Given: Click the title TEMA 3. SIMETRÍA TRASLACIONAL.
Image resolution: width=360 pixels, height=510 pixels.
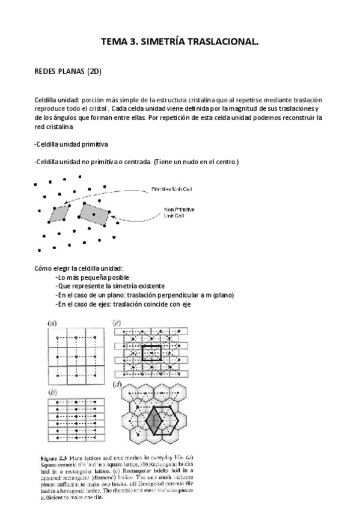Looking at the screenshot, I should (180, 41).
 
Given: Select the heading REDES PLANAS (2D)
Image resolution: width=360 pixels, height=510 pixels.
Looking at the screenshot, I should (68, 72).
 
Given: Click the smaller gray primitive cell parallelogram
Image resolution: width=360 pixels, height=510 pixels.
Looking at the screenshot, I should (60, 212).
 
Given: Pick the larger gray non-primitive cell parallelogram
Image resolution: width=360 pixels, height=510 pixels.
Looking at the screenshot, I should (96, 213).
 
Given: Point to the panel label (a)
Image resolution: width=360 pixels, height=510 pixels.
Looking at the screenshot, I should (52, 323).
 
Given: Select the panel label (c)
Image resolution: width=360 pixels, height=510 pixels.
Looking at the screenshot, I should (118, 323).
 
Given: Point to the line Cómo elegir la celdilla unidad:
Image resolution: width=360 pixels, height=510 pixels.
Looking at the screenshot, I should (79, 268).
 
